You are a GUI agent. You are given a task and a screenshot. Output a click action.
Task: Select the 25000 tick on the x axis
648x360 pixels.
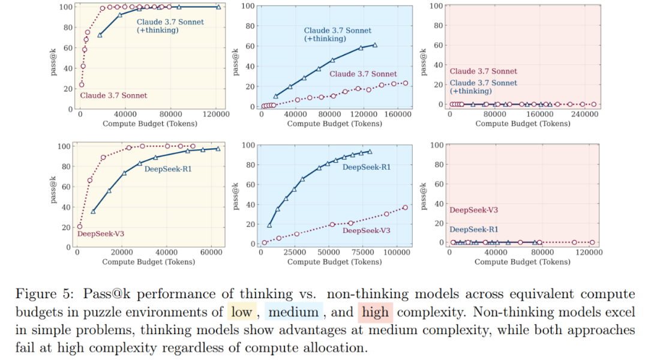pos(294,253)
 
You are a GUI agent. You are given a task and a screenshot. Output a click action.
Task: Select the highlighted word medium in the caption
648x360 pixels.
pos(293,313)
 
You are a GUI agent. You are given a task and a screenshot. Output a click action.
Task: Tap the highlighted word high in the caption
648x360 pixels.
pos(375,313)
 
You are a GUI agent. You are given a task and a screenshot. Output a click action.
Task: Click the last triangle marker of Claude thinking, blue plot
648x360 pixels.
pos(375,45)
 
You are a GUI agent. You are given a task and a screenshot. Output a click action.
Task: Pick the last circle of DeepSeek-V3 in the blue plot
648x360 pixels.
pos(405,208)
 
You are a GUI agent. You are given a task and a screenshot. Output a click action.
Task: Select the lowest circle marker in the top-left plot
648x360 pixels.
pos(82,85)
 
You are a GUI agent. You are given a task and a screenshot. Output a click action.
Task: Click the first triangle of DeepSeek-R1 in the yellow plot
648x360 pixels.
pos(93,211)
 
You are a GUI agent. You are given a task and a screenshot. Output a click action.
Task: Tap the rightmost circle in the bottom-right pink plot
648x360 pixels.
pos(592,242)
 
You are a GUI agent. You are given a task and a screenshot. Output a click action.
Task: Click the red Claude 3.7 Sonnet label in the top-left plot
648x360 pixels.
pos(113,95)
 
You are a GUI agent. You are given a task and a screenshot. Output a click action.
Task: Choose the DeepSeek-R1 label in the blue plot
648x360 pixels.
pos(366,167)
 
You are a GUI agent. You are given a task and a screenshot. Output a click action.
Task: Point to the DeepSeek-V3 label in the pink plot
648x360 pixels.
pos(473,210)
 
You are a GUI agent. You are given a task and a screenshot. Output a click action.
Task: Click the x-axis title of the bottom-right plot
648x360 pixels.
pos(523,262)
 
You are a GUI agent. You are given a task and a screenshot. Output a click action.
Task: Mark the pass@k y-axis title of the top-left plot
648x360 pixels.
pos(55,57)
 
